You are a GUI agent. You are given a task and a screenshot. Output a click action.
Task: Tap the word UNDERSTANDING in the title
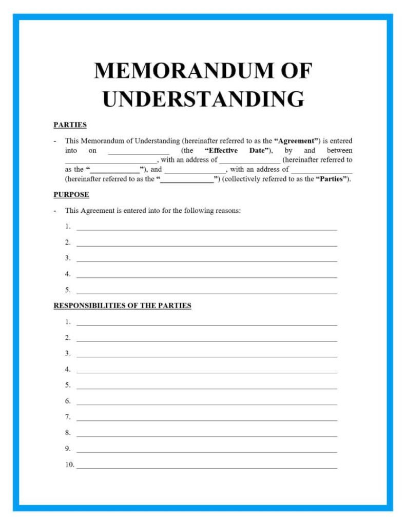click(203, 99)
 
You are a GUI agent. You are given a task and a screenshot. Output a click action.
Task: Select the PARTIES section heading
click(70, 125)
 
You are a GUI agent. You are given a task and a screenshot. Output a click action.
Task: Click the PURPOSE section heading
click(71, 195)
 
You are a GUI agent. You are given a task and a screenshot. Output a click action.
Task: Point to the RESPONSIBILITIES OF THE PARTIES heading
click(122, 306)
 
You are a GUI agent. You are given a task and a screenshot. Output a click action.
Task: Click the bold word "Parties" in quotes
click(331, 179)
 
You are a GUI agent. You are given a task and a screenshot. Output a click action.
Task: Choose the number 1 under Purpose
click(68, 226)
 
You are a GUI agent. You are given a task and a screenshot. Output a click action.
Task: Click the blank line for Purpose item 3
click(207, 261)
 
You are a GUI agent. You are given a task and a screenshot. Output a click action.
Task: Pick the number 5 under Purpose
click(68, 290)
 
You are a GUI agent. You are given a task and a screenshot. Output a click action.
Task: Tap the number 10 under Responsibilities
click(69, 465)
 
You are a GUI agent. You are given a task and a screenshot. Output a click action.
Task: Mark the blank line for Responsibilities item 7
click(207, 420)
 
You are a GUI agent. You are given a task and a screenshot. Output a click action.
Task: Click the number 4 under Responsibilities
click(68, 369)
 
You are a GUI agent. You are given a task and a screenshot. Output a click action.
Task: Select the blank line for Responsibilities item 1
click(207, 325)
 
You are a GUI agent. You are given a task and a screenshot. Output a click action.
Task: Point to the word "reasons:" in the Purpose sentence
click(227, 211)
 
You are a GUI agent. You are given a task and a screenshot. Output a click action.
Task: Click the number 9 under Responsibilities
click(68, 449)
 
